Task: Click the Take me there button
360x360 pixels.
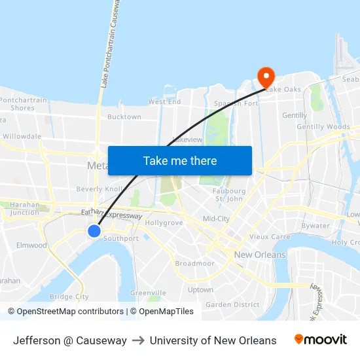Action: [x=180, y=160]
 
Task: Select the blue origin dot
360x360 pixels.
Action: [x=94, y=230]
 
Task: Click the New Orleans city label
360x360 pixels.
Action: [x=260, y=255]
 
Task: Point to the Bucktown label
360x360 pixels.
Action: [x=124, y=117]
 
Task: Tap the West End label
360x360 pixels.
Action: [x=164, y=102]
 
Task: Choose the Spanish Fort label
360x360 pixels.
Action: [x=236, y=104]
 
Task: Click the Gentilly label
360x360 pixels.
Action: [x=295, y=115]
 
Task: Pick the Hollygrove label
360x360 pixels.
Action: [x=164, y=223]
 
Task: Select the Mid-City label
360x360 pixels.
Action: [x=216, y=219]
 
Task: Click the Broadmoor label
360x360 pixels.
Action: [x=194, y=264]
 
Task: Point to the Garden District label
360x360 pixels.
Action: [x=232, y=304]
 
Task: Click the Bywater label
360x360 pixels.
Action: [x=317, y=226]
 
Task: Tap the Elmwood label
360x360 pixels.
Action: [x=31, y=245]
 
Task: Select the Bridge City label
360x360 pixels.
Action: [x=69, y=297]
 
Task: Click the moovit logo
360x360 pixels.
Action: [x=320, y=340]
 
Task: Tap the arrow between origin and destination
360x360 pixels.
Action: [x=138, y=340]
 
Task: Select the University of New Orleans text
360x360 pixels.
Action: [x=213, y=340]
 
